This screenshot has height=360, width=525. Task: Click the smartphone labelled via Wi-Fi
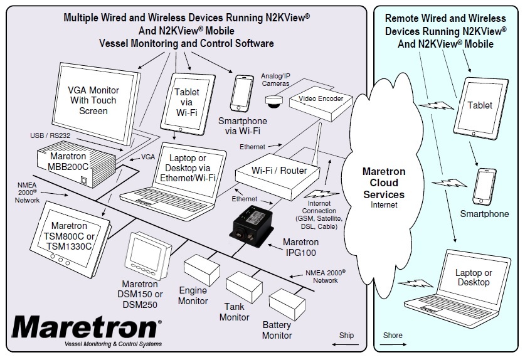[x=244, y=93]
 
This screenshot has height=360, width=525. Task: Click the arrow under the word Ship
[x=346, y=346]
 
